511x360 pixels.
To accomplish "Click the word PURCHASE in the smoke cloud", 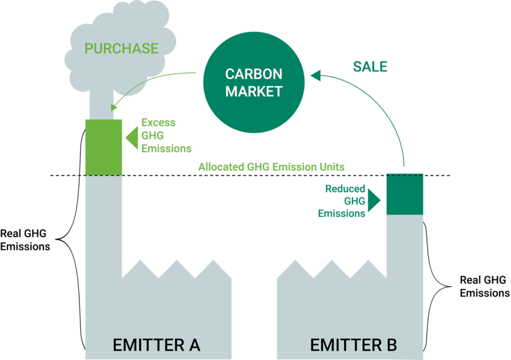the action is tap(121, 48).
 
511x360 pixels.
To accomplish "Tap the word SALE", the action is tap(370, 67).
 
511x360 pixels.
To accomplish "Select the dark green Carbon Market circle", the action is tap(254, 82).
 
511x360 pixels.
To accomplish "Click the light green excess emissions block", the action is tap(104, 147).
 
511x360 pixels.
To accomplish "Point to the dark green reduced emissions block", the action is tap(405, 194).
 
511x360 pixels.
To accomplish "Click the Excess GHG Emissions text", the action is tap(166, 135).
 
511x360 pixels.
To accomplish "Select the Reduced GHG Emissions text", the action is tap(341, 201).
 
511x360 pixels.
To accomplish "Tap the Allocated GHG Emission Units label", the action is tap(271, 167).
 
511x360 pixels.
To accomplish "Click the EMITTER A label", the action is tap(156, 345).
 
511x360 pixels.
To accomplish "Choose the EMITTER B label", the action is tap(354, 345).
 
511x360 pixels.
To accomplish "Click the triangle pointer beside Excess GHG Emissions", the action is tap(132, 138).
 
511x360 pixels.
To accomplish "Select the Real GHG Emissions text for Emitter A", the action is tap(25, 240).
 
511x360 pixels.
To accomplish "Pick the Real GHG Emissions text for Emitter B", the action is tap(485, 287).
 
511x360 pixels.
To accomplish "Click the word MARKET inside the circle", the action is tap(254, 92).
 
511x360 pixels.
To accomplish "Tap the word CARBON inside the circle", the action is tap(254, 74).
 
